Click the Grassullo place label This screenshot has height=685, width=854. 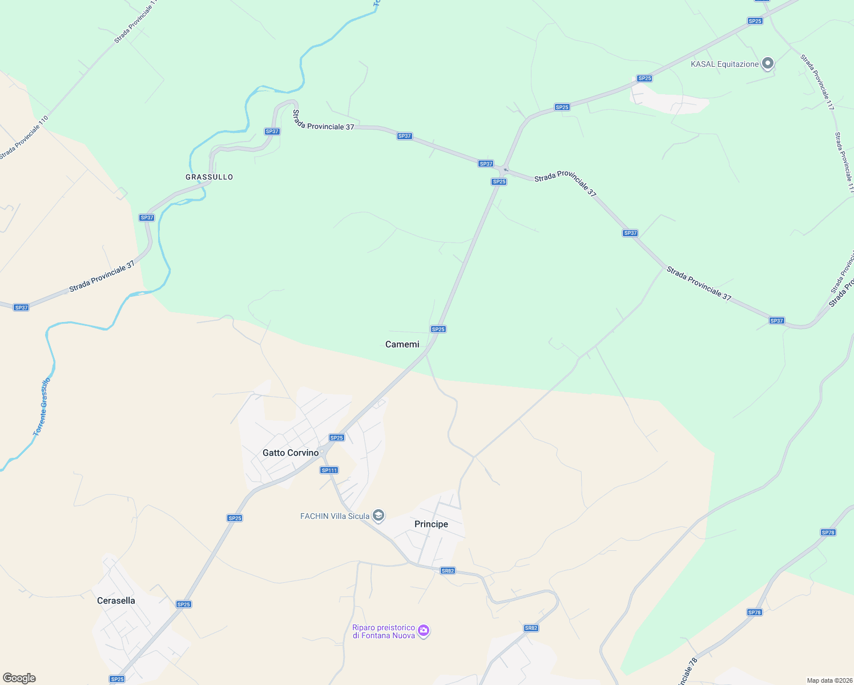click(x=209, y=177)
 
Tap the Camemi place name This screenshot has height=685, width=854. click(x=402, y=344)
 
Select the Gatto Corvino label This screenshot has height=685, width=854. click(x=291, y=453)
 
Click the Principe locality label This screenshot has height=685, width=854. click(x=431, y=524)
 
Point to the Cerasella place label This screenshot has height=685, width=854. click(x=116, y=601)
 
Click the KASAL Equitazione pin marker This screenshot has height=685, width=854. click(x=768, y=63)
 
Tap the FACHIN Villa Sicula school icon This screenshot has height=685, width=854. click(x=378, y=516)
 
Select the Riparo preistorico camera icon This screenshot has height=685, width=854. click(x=424, y=630)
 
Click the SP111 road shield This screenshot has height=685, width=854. click(x=329, y=470)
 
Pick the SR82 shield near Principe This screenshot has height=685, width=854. click(x=448, y=571)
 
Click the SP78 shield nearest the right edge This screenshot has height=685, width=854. click(x=828, y=533)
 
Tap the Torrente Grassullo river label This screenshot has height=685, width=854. click(x=42, y=407)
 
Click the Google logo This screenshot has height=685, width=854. click(x=19, y=678)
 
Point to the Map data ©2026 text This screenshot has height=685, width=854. click(x=828, y=680)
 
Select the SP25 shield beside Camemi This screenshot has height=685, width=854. click(x=438, y=329)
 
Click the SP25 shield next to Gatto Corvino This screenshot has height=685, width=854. click(x=336, y=438)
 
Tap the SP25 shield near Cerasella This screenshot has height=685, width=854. click(x=183, y=605)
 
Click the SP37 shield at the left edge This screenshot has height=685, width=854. click(x=21, y=308)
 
